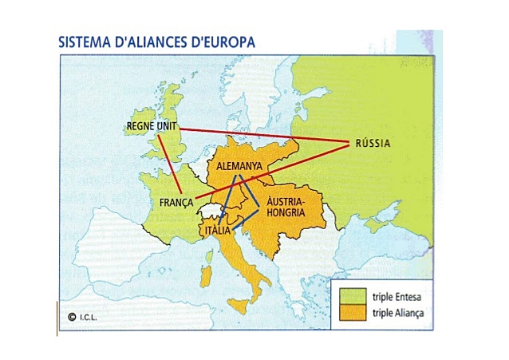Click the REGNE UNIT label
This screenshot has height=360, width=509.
tap(151, 126)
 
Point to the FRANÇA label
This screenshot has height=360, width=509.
tap(176, 203)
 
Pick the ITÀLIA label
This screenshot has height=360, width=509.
tap(218, 231)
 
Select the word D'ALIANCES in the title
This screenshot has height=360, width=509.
tap(151, 42)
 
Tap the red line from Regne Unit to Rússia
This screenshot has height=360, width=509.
tap(263, 136)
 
